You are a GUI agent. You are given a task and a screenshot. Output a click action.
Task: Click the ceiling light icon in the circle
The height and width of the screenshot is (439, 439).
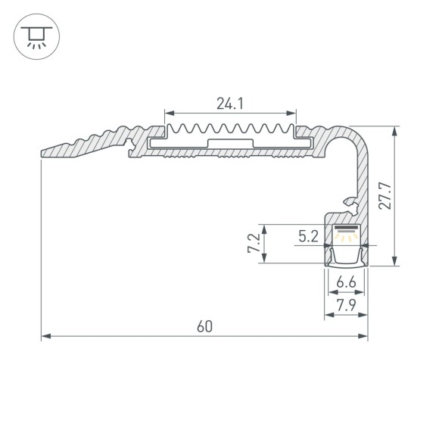(34, 35)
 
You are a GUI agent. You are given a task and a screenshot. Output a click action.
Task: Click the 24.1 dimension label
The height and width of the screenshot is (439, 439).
(229, 104)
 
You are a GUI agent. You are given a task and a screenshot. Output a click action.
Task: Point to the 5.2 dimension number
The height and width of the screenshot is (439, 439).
(307, 236)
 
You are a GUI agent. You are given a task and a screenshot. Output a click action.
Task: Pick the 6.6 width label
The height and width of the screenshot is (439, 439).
(347, 282)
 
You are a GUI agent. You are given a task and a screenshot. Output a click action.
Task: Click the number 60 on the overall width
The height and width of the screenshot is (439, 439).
(203, 327)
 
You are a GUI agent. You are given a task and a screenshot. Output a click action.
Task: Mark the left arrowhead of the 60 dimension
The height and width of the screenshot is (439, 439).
(45, 336)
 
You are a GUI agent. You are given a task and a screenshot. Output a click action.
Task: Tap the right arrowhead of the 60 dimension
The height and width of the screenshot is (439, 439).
(364, 336)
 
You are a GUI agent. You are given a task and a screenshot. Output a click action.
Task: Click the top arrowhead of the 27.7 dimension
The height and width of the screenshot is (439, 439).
(394, 131)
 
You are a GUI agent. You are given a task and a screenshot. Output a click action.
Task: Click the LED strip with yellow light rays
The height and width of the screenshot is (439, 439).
(347, 230)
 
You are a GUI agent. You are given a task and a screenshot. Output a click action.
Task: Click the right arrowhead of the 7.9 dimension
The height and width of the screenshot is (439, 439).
(364, 314)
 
